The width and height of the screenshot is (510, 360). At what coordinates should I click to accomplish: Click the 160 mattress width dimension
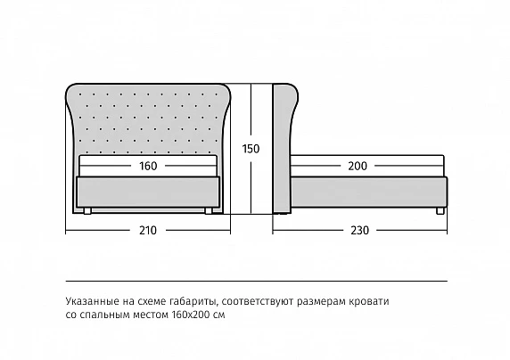(x=148, y=166)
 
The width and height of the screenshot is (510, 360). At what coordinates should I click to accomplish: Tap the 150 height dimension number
(x=251, y=149)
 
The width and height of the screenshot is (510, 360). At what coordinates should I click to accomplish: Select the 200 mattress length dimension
(x=358, y=166)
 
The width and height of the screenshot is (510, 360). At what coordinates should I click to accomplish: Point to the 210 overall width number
(x=148, y=231)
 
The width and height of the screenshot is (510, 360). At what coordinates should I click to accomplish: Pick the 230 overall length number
(x=359, y=231)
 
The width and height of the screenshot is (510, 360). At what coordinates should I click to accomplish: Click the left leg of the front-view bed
(x=87, y=210)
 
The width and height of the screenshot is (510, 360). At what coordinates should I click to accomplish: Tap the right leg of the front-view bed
(x=209, y=210)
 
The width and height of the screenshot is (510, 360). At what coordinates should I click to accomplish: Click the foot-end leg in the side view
(x=440, y=210)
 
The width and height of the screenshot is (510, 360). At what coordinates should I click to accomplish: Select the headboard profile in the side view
(x=284, y=149)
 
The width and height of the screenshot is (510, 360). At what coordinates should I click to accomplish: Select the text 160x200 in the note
(x=190, y=315)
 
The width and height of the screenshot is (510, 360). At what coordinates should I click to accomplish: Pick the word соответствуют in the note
(x=259, y=302)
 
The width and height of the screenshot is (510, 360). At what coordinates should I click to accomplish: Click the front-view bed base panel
(x=148, y=192)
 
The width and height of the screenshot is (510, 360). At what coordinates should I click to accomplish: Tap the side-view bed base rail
(x=369, y=192)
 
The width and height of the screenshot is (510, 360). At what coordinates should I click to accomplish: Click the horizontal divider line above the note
(x=256, y=281)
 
